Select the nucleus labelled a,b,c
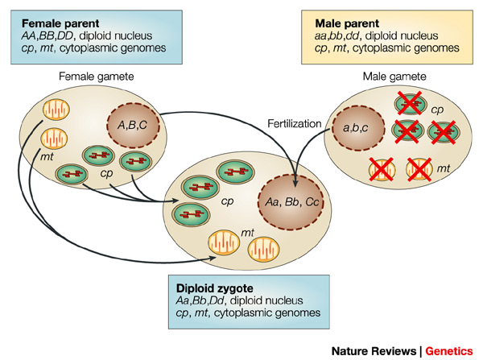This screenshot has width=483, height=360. [x=356, y=128]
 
